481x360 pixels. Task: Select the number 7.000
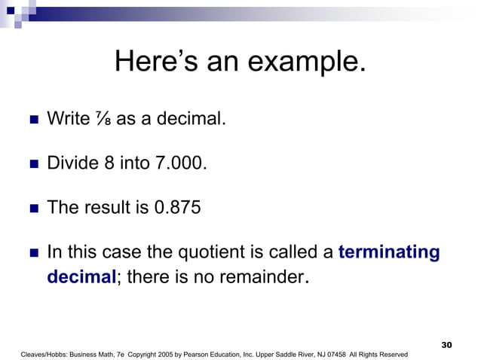tap(179, 163)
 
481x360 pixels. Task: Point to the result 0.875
tap(177, 207)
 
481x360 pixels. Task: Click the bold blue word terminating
tap(389, 252)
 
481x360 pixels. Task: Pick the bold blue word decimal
tap(81, 277)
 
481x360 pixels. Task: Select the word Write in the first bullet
tap(66, 119)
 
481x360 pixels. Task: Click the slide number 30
tap(446, 344)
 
